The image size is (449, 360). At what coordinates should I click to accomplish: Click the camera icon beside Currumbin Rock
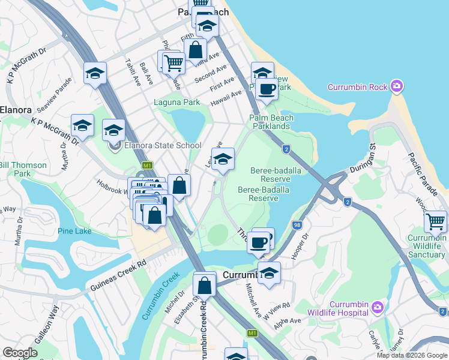396,87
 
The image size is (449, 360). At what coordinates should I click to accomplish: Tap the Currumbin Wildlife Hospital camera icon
377,308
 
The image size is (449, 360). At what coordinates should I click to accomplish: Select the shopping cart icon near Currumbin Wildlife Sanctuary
435,222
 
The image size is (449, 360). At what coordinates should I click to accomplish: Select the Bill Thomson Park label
23,169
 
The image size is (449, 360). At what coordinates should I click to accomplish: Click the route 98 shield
296,224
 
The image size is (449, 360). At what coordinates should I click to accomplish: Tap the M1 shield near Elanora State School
146,165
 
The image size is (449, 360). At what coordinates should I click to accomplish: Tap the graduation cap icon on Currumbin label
270,273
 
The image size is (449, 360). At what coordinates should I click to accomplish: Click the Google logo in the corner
20,353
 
